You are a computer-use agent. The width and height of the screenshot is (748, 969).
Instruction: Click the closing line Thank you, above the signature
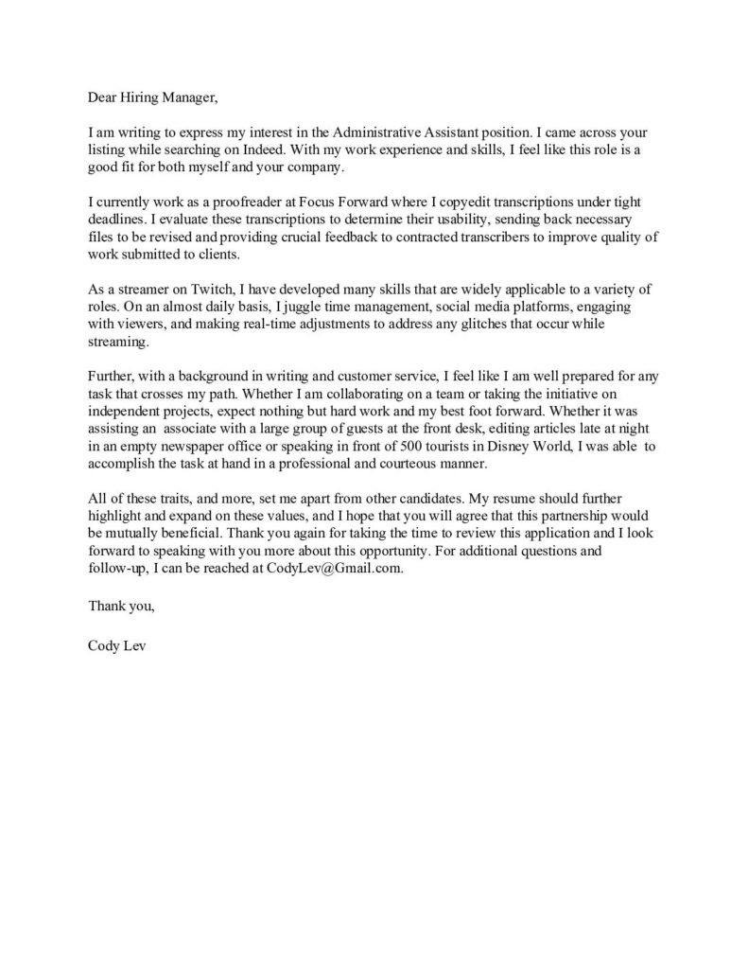[x=121, y=607]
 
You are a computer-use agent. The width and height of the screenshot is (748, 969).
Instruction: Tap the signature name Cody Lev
[x=117, y=647]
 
